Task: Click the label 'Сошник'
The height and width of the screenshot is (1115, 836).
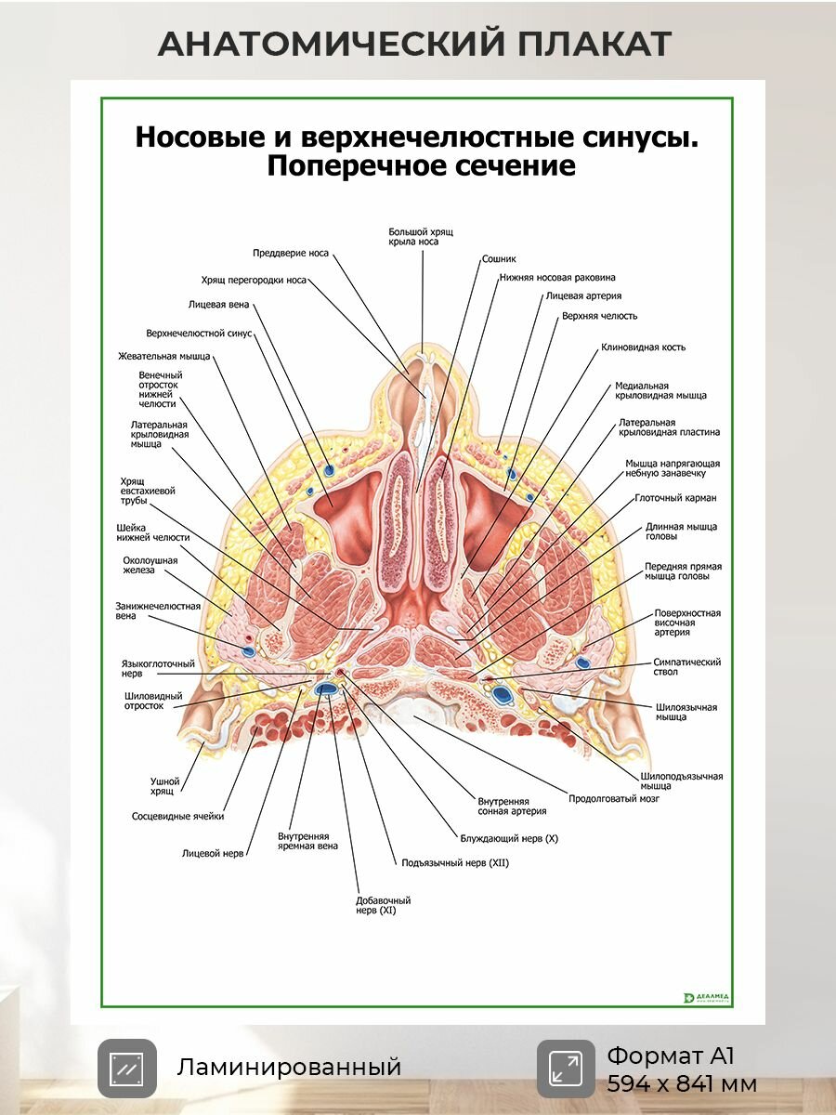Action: [x=499, y=258]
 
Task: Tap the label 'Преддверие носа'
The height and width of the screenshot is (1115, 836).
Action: [x=291, y=253]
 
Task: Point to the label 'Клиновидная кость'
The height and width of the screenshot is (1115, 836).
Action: [x=643, y=348]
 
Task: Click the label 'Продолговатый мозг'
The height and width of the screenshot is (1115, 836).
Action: [x=614, y=798]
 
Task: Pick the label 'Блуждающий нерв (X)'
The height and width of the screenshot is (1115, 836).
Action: [x=509, y=838]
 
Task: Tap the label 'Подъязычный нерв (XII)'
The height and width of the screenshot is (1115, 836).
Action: [x=455, y=862]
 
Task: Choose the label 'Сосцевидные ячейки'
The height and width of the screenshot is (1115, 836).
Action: [x=177, y=817]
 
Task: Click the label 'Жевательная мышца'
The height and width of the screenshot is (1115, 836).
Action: [x=164, y=356]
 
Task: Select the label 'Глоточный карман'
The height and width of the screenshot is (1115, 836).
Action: [x=675, y=498]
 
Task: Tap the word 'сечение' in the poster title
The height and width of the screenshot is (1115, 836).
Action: [x=520, y=166]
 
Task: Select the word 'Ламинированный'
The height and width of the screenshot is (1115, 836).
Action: [x=289, y=1068]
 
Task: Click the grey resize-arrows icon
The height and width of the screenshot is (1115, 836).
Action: [x=566, y=1069]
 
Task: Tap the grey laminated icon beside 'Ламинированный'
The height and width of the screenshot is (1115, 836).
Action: [x=127, y=1069]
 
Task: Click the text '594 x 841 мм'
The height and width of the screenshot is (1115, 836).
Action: [x=682, y=1084]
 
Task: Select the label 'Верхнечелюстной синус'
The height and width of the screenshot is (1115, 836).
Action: [x=199, y=334]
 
